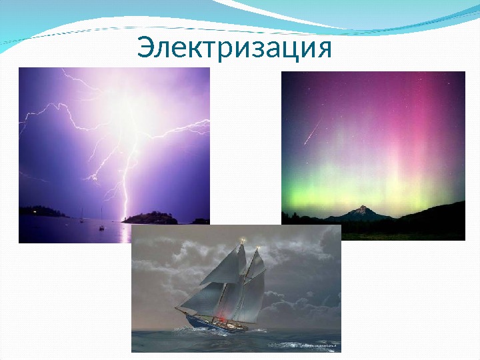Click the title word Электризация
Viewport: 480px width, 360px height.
coord(234,49)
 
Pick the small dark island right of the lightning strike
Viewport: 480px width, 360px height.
coord(151,217)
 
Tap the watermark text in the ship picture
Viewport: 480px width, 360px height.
coord(303,345)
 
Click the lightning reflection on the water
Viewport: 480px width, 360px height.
coord(125,233)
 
